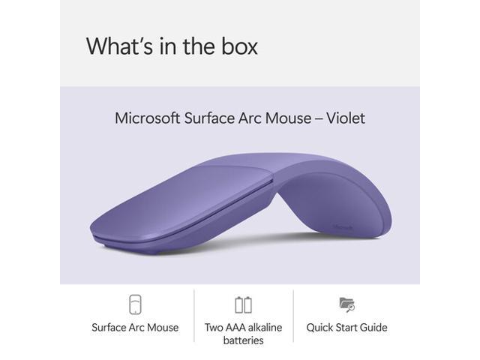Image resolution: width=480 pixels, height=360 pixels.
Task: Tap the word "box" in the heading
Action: tap(238, 46)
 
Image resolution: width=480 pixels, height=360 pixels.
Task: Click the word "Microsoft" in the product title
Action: tap(147, 118)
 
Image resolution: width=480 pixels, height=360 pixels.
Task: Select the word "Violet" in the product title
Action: tap(342, 118)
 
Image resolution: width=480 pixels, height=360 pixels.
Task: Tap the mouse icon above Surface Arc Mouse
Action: tap(135, 304)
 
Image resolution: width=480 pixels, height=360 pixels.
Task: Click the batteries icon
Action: tap(243, 304)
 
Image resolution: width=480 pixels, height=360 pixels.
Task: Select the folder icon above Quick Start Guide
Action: tap(346, 304)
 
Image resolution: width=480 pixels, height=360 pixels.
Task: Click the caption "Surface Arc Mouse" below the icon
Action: tap(135, 327)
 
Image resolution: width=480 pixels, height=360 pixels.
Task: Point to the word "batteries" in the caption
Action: tap(243, 340)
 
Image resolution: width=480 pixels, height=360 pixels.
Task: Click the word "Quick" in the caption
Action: tap(320, 327)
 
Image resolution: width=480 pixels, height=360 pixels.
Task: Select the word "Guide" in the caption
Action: tap(372, 327)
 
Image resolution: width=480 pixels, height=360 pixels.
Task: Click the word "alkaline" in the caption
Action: tap(272, 327)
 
